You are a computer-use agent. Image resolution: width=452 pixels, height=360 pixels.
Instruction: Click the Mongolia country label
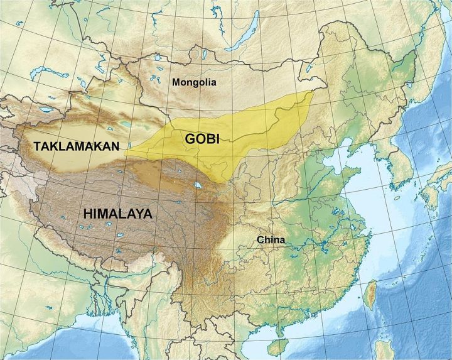click(x=193, y=82)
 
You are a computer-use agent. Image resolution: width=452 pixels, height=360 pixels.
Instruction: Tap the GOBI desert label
click(x=202, y=139)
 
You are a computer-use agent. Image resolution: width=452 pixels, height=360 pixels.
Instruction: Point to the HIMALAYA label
click(x=117, y=214)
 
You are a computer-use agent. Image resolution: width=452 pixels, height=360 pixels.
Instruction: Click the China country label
click(x=271, y=240)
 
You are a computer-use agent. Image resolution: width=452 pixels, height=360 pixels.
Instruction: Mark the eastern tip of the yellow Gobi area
click(x=312, y=92)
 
